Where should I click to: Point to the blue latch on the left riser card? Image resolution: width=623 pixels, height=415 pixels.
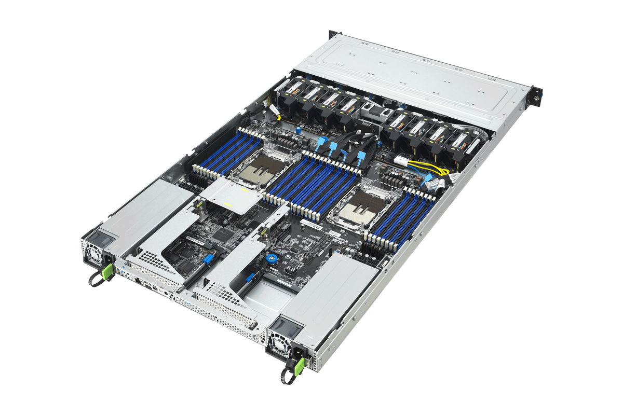[x=207, y=259]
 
